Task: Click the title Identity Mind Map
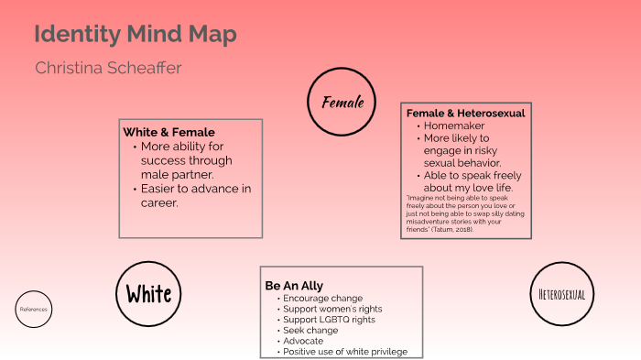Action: pos(135,36)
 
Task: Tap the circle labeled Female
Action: pos(342,101)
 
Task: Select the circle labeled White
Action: pos(148,294)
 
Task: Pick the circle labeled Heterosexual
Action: pos(562,294)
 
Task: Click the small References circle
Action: pos(32,310)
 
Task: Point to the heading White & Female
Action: pos(168,132)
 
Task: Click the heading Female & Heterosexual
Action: pos(465,113)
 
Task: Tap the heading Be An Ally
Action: pos(294,286)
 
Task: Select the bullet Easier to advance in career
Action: pos(195,196)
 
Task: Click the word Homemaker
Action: pos(454,125)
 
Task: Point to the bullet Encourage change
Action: pos(322,299)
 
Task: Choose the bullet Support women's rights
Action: pos(332,310)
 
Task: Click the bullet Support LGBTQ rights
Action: pos(329,320)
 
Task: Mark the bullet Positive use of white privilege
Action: pos(345,352)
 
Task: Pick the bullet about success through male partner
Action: pos(190,159)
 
